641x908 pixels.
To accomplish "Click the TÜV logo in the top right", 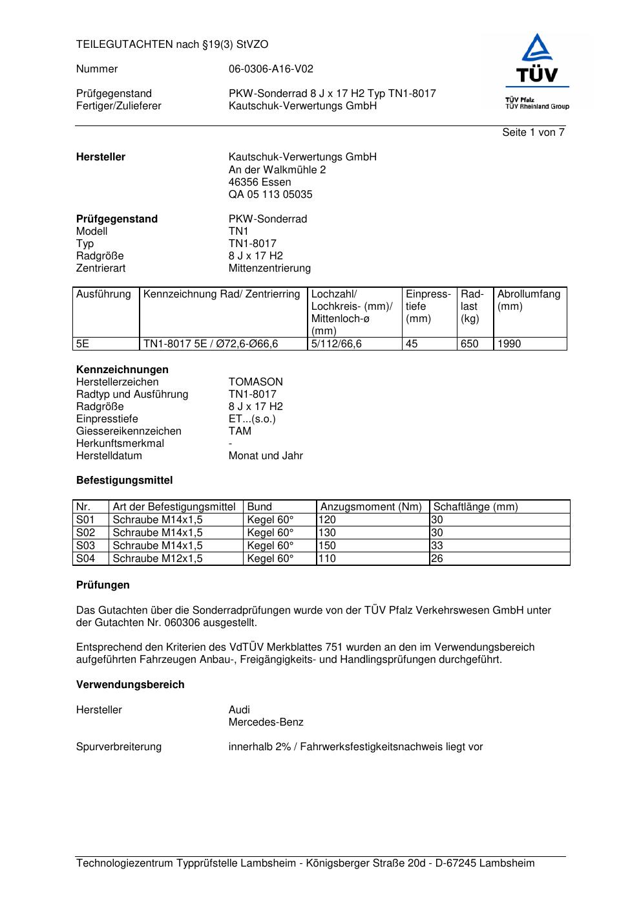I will coord(536,72).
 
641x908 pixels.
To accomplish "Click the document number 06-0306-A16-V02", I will coord(271,69).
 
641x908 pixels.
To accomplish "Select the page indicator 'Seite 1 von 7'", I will coord(533,133).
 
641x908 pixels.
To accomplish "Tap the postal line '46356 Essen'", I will coord(259,182).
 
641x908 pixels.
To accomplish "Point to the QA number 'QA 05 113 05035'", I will coord(270,195).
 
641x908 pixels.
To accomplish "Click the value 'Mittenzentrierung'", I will coord(269,268).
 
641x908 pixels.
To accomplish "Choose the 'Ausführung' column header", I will coord(103,294).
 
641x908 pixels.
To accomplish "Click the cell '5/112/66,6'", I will coord(336,344).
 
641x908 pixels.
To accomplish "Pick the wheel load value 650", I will coord(469,344).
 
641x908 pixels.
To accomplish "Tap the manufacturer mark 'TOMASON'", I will coord(255,382).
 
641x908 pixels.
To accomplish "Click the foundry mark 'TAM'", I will coord(240,431).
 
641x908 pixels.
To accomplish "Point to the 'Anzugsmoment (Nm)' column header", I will coord(371,507).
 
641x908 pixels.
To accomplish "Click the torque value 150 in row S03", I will coord(328,546).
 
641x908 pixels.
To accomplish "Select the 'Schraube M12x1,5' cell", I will coord(158,559).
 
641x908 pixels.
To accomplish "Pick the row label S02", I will coord(85,533).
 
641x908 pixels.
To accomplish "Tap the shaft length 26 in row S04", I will coord(437,559).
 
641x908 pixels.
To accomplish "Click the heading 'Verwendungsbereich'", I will coord(130,685).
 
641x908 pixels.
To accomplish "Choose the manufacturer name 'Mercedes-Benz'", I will coord(266,722).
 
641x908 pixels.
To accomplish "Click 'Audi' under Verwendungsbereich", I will coord(239,710).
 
